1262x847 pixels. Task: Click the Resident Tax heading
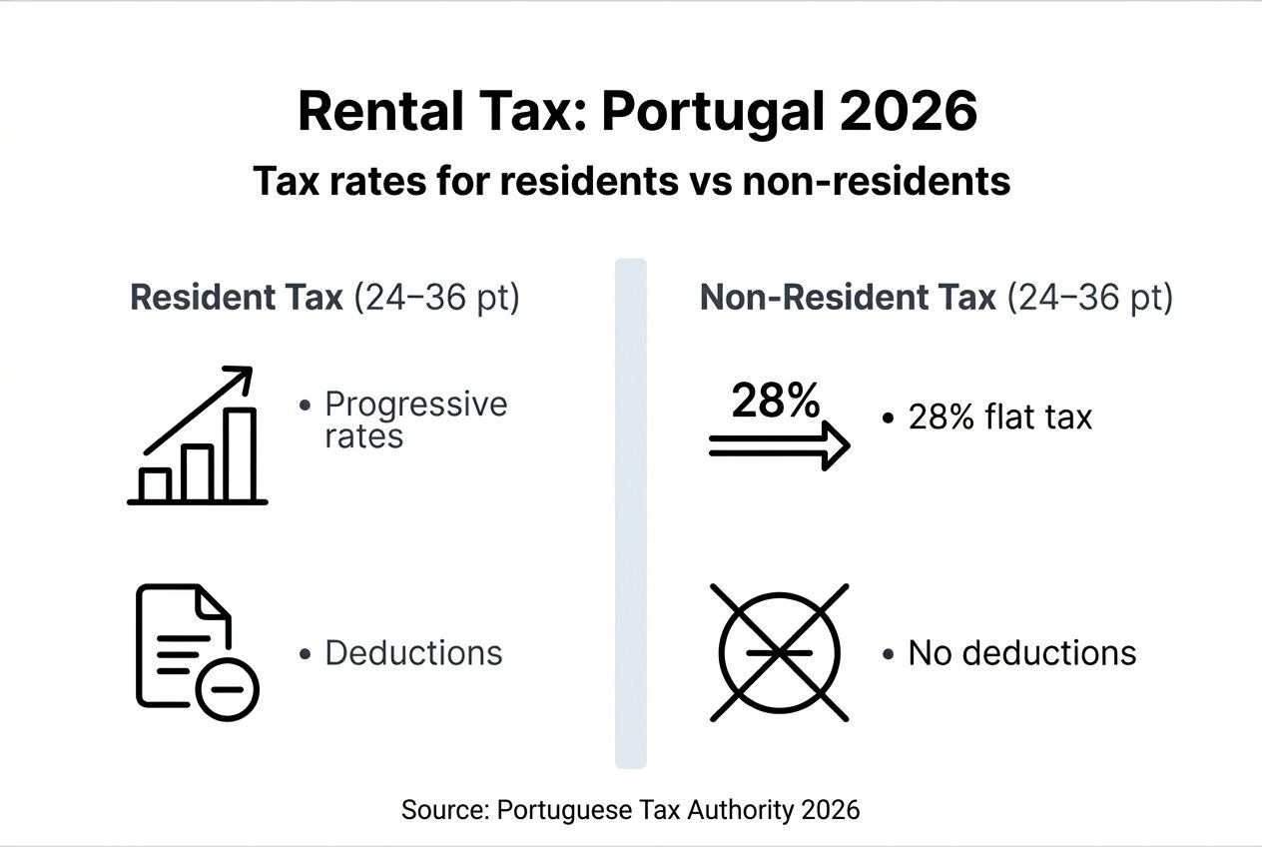click(x=237, y=299)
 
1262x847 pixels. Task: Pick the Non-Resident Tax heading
click(x=848, y=299)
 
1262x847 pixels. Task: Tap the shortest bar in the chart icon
click(x=156, y=484)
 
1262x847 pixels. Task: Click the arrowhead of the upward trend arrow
click(x=241, y=379)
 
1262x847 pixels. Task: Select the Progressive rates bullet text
click(x=415, y=420)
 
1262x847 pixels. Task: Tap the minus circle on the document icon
click(x=228, y=689)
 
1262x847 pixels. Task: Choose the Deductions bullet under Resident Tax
click(x=413, y=653)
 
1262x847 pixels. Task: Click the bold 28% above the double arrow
click(x=776, y=402)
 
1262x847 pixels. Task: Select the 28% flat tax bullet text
click(x=999, y=418)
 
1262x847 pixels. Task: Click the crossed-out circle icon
click(x=779, y=652)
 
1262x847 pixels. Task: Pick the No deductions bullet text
click(x=1021, y=653)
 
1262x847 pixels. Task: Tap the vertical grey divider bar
click(x=630, y=513)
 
